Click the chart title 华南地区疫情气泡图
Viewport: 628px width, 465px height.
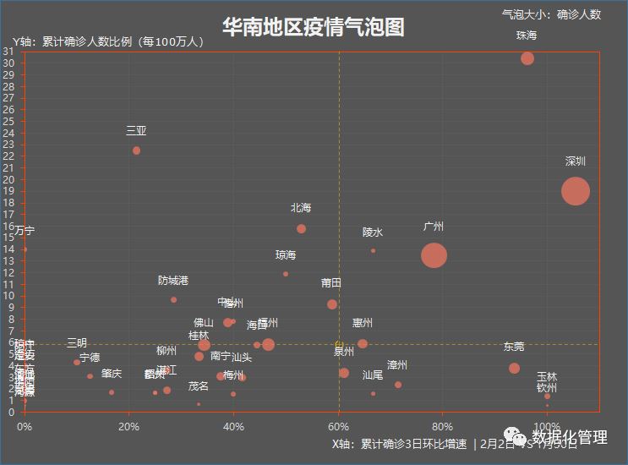(x=314, y=27)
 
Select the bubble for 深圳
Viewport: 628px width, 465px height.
(x=575, y=191)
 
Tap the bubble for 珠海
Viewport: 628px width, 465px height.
(x=527, y=58)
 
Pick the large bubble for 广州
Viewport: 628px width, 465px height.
(x=434, y=255)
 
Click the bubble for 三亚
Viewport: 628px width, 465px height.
(x=136, y=150)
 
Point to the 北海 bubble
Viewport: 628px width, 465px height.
(x=301, y=229)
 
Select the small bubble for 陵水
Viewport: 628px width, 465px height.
(x=373, y=250)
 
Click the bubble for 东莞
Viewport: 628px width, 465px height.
(x=514, y=369)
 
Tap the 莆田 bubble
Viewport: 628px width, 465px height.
(x=332, y=304)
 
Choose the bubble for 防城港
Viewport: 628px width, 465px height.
(x=173, y=299)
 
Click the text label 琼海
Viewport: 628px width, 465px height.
(x=286, y=255)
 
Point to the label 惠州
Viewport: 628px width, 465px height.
(x=363, y=323)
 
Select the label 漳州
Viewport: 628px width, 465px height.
(x=397, y=365)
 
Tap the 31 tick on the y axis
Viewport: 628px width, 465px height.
(x=8, y=52)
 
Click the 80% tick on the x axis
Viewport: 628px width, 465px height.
(x=443, y=425)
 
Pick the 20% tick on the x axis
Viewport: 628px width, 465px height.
(x=129, y=425)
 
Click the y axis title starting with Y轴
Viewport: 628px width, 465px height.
(x=108, y=41)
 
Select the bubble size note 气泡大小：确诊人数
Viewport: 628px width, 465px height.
(x=551, y=14)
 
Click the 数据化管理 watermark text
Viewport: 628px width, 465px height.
(x=569, y=437)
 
